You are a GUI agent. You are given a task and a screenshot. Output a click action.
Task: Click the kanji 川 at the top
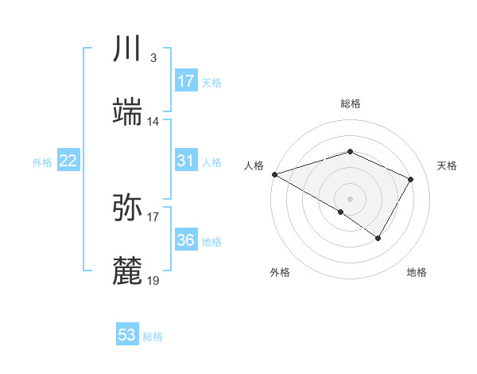click(x=127, y=49)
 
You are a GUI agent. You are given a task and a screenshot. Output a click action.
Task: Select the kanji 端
click(x=127, y=111)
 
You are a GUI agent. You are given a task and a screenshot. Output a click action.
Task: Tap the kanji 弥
click(x=127, y=206)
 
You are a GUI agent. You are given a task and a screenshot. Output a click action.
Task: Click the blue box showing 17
click(x=186, y=81)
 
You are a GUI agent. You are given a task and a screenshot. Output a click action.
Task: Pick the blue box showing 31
click(x=186, y=161)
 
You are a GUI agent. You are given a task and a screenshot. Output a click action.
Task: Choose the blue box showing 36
click(x=186, y=240)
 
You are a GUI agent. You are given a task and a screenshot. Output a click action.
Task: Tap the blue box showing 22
click(x=68, y=161)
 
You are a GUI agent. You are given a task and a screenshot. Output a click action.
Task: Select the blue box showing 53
click(x=127, y=335)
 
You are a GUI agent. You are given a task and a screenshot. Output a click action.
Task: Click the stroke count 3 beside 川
click(x=153, y=58)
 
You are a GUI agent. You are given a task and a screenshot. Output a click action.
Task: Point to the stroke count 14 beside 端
click(x=153, y=122)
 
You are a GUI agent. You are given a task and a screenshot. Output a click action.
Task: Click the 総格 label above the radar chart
click(x=351, y=103)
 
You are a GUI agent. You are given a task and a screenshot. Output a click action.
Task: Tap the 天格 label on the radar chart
click(x=447, y=166)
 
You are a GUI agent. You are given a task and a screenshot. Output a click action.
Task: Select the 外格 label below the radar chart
click(x=280, y=272)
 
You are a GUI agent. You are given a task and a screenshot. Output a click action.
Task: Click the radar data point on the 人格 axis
click(x=273, y=174)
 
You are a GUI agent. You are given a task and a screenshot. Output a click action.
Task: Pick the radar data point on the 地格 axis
click(x=378, y=238)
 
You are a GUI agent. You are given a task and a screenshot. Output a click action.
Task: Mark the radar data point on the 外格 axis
click(x=341, y=212)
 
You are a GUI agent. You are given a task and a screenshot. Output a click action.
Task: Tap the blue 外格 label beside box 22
click(x=42, y=162)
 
